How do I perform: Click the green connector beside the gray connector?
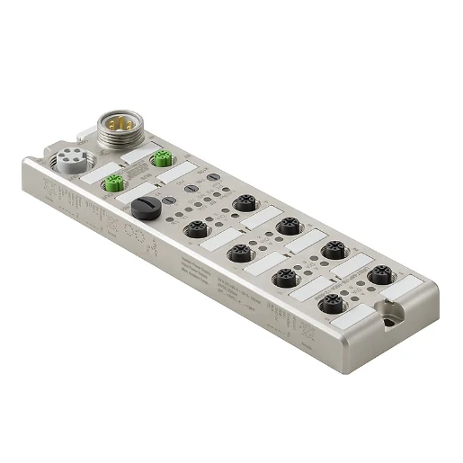point(113,184)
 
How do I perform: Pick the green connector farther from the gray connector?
point(163,161)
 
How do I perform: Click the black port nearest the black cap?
point(192,231)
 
